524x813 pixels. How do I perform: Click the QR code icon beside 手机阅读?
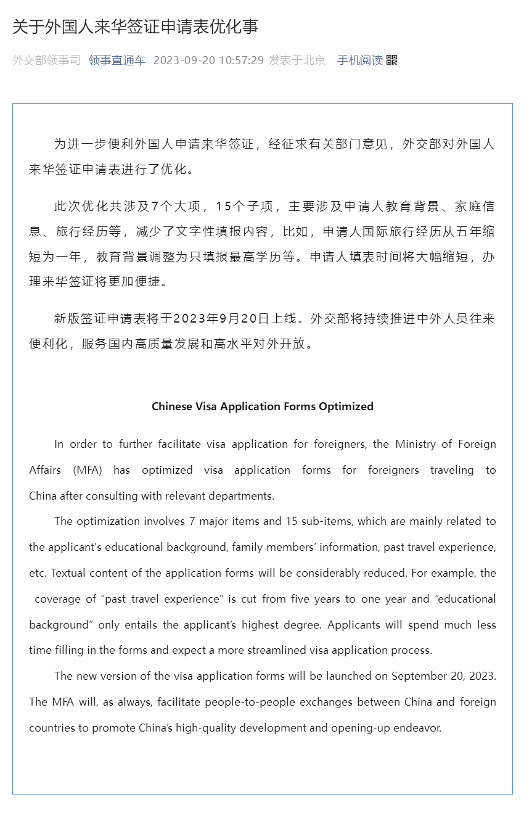pyautogui.click(x=391, y=60)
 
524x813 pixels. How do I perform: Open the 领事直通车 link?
pyautogui.click(x=117, y=60)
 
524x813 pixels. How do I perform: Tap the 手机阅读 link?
pyautogui.click(x=359, y=60)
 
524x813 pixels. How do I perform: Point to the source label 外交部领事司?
pyautogui.click(x=46, y=60)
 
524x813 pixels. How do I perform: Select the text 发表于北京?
pyautogui.click(x=297, y=60)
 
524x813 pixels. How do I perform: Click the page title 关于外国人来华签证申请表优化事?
pyautogui.click(x=135, y=27)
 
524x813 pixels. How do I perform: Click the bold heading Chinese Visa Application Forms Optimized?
pyautogui.click(x=263, y=406)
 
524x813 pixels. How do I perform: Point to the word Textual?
pyautogui.click(x=68, y=573)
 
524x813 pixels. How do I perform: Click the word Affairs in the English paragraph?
pyautogui.click(x=45, y=470)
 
